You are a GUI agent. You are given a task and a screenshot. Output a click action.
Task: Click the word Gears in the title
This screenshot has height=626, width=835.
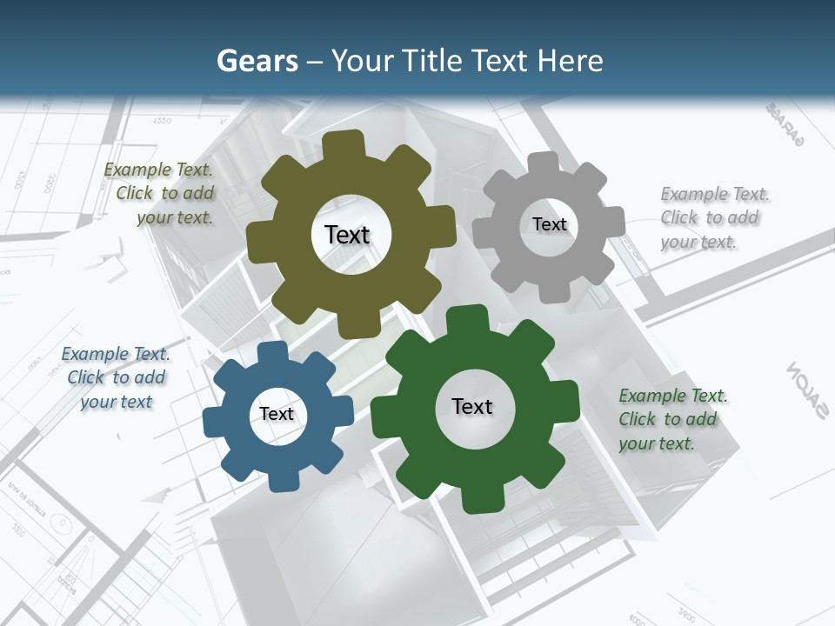tap(257, 61)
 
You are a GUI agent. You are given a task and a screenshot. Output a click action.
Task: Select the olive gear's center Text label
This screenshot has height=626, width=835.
tap(347, 235)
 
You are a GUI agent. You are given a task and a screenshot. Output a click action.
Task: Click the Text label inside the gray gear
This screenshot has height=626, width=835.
tap(549, 224)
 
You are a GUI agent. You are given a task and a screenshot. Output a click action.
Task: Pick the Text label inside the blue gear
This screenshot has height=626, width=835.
tap(277, 414)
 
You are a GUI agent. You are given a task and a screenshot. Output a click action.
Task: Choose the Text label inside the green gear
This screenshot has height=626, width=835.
tap(472, 407)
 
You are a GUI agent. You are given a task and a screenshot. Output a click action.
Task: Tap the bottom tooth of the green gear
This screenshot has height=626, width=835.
tap(481, 499)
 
